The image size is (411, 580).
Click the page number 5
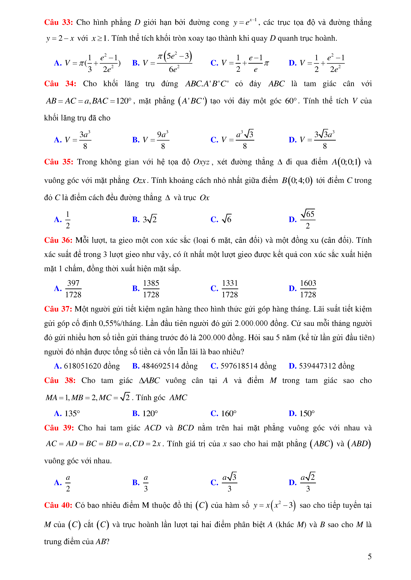[x=369, y=557]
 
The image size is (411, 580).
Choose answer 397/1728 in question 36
[x=73, y=289]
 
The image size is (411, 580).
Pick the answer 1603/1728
[x=308, y=289]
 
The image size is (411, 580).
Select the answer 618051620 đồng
[x=92, y=366]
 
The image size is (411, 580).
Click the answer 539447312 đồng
[x=327, y=366]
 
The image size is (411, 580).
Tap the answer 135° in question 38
[x=72, y=414]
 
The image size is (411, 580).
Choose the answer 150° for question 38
[x=307, y=414]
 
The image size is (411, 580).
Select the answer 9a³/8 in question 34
[x=163, y=140]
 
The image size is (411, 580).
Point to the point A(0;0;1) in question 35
[x=346, y=162]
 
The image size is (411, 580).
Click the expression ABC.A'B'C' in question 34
[x=207, y=84]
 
